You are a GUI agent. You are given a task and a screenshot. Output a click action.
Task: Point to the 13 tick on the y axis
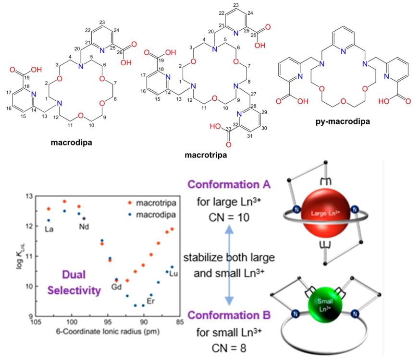[x=29, y=196]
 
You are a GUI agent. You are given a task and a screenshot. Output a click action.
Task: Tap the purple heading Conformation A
[x=229, y=185]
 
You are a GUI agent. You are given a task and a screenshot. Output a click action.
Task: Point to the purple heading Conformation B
[x=229, y=315]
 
